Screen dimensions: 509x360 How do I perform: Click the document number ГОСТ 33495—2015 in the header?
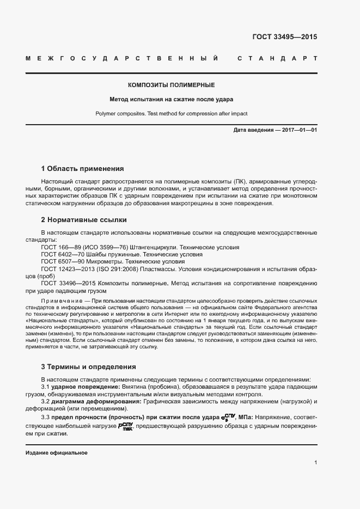click(284, 38)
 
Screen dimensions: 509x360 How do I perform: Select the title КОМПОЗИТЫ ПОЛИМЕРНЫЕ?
click(171, 85)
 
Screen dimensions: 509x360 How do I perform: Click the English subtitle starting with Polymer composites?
click(171, 114)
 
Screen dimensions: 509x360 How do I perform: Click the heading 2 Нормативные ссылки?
click(84, 220)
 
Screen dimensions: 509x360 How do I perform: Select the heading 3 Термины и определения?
click(88, 367)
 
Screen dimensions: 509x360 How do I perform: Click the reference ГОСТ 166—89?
click(59, 247)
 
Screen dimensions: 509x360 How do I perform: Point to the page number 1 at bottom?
click(315, 463)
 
